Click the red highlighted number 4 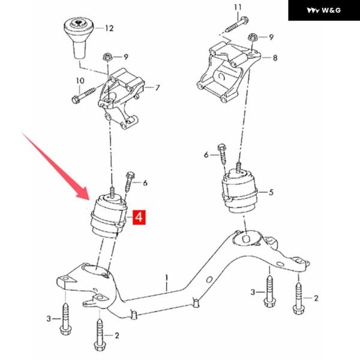[139, 217]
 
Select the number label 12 [109, 28]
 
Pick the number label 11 [238, 7]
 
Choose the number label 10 [80, 80]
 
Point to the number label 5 [271, 193]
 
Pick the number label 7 [157, 88]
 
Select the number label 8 [275, 58]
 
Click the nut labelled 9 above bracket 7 [108, 58]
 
